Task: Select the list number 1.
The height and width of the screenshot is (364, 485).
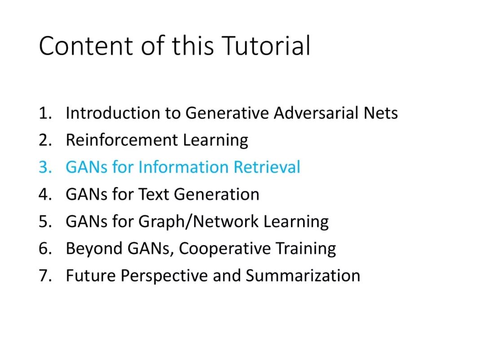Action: pos(45,113)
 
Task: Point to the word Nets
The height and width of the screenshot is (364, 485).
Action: pos(381,113)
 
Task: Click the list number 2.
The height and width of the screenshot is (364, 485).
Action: pos(45,140)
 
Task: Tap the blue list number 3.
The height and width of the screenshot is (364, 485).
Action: pos(45,167)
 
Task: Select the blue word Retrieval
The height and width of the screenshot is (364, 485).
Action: pos(267,167)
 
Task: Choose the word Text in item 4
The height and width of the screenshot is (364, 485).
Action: pos(154,195)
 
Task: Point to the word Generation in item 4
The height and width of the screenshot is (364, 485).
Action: pos(216,195)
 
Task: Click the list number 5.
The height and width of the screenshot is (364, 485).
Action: pos(45,222)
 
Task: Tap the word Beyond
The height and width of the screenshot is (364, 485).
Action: pos(94,249)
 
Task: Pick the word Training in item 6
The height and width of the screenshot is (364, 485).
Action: pos(306,249)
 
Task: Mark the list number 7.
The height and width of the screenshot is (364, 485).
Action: pos(45,276)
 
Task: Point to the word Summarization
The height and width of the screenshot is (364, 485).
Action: pos(303,275)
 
